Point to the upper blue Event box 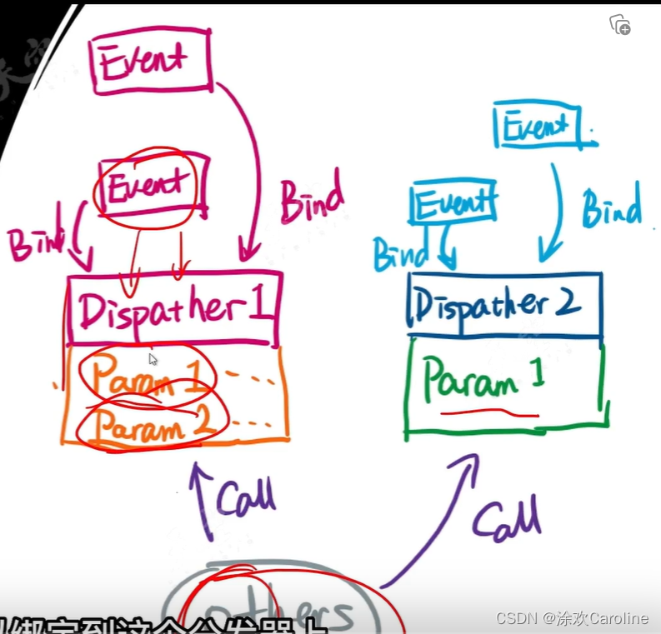536,127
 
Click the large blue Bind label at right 611,208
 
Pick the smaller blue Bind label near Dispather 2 400,253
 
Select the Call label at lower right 508,520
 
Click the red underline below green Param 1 491,412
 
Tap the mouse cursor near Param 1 153,360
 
